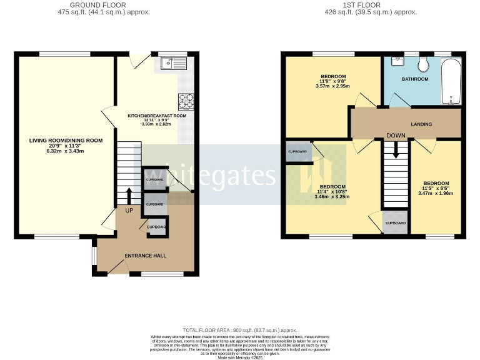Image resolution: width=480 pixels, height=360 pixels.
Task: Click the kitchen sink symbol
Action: coord(172,62)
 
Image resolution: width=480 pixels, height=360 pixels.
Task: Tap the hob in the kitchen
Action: coord(186,101)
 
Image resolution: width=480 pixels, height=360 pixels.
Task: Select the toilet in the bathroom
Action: coord(423,64)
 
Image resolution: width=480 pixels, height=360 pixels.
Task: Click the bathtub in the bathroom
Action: coord(451,81)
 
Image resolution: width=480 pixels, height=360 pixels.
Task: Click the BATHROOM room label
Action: coord(414,79)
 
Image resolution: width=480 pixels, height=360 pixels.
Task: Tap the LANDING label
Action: coord(421,124)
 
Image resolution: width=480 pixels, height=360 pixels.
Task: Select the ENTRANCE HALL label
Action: coord(144,256)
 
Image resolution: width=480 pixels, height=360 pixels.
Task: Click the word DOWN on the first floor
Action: coord(396,136)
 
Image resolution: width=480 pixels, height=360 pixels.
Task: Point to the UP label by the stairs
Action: coord(129,211)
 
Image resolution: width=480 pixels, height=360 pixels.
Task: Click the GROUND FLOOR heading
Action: coord(97,5)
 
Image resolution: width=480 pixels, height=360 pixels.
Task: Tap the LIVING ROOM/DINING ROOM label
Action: coord(66,140)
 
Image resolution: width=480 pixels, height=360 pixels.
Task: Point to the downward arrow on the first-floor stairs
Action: coord(395,152)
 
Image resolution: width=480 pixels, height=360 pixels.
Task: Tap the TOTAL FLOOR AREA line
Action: coord(240,330)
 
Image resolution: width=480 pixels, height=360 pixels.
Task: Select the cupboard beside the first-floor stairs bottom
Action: coord(395,223)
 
